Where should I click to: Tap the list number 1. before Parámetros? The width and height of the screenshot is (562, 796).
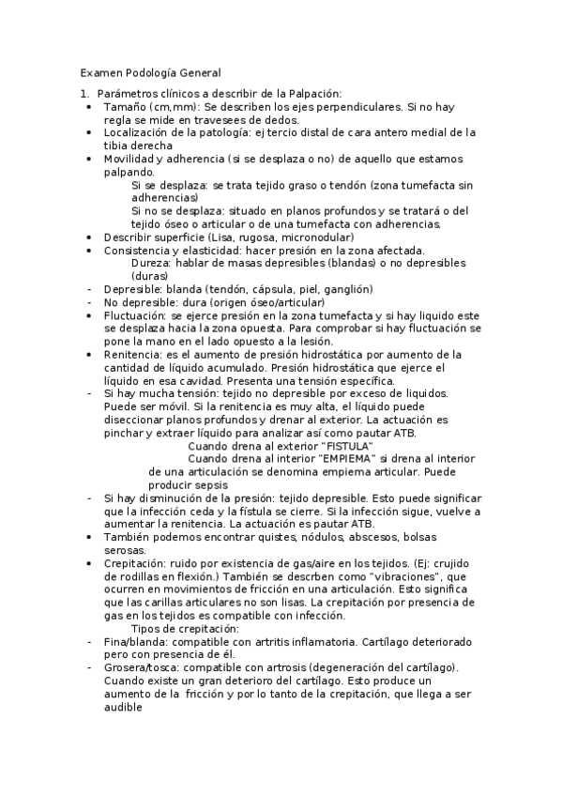[84, 93]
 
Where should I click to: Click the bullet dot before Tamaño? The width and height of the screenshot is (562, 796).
[89, 107]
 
